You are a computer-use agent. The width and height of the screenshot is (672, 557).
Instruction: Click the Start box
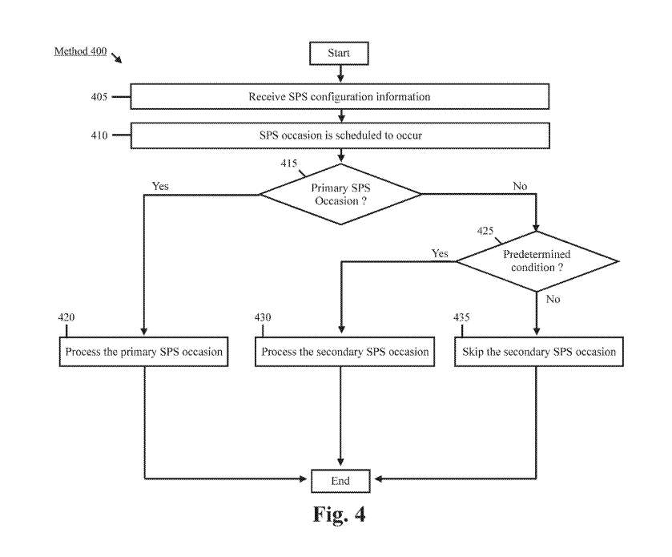click(x=340, y=52)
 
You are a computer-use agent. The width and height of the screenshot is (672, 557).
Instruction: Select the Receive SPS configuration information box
click(x=339, y=97)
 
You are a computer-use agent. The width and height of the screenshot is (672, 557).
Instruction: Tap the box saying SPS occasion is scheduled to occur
click(x=339, y=135)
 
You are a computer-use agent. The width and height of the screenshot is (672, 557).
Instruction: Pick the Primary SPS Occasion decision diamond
click(x=340, y=193)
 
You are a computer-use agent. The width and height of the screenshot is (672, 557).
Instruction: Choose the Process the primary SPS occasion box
click(x=143, y=352)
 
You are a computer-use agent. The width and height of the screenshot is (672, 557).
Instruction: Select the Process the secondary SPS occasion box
click(x=342, y=352)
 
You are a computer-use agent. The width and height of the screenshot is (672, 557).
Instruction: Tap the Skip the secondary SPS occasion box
click(x=539, y=352)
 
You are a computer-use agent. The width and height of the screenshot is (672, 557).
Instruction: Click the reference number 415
click(x=288, y=163)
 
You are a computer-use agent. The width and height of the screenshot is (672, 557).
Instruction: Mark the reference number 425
click(x=485, y=231)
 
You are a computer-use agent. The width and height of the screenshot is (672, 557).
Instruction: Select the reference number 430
click(x=263, y=317)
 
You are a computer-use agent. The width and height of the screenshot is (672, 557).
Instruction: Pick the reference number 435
click(x=461, y=317)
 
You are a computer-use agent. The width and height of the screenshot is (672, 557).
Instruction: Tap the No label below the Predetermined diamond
click(x=553, y=299)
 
